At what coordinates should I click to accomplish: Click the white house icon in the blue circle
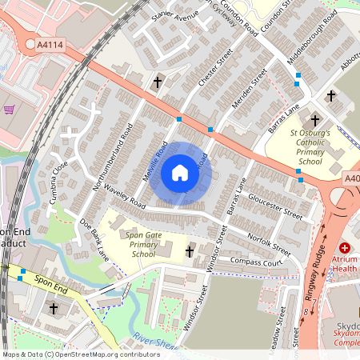click(x=180, y=173)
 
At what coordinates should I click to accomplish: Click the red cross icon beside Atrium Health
click(x=345, y=250)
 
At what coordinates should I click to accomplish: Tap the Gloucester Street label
click(x=275, y=205)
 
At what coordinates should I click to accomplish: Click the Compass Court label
click(x=257, y=262)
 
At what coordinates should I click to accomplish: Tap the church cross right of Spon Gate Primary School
click(x=190, y=253)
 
